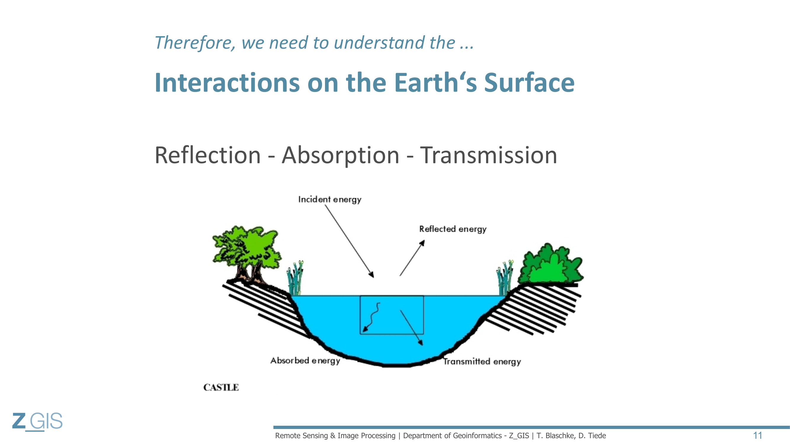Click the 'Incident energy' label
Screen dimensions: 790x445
330,200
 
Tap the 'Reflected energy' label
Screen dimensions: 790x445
453,229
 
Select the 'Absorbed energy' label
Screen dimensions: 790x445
305,360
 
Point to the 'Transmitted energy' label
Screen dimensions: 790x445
482,361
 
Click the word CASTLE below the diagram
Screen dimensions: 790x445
221,387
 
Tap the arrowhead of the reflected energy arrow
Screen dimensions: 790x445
422,243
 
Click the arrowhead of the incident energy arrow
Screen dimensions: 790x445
371,274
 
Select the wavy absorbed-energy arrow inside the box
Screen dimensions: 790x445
372,317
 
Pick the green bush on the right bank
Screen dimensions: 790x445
551,264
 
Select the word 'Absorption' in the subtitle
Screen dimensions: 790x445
341,156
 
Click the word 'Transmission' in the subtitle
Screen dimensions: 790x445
488,155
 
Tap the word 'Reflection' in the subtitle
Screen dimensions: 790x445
208,155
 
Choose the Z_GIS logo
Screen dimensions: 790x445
37,422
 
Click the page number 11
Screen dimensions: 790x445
757,436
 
